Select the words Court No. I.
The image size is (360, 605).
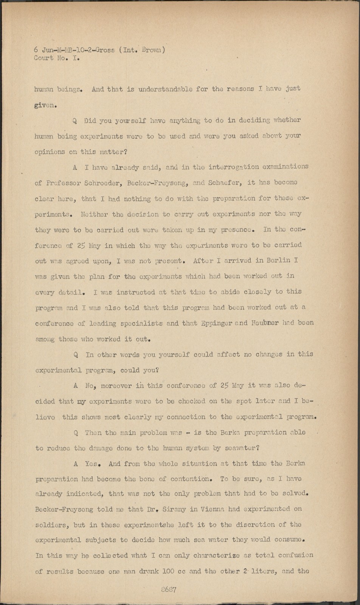[x=57, y=59]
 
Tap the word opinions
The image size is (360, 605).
[x=50, y=152]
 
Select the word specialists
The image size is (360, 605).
[x=141, y=323]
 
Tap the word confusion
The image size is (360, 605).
[x=296, y=555]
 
